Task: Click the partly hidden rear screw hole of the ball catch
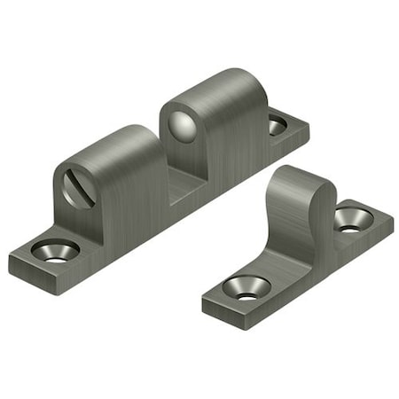coord(278,126)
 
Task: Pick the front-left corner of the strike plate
coord(204,301)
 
